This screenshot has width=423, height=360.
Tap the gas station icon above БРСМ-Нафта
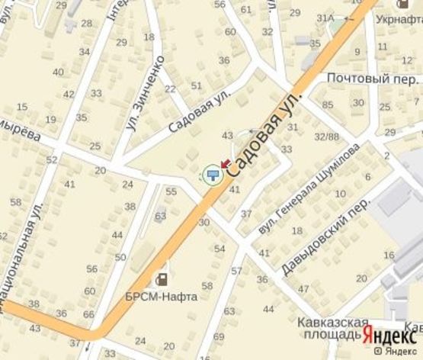[x=162, y=279]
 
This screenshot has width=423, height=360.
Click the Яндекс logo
[x=389, y=334]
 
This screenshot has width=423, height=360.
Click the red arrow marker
[x=226, y=162]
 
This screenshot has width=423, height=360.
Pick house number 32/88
[x=328, y=137]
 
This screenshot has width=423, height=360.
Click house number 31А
[x=326, y=17]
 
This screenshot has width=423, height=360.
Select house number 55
[x=171, y=191]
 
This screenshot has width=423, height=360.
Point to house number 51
[x=197, y=85]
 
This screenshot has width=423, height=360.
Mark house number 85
[x=328, y=104]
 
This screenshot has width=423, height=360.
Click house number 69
[x=220, y=336]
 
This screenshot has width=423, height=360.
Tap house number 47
[x=303, y=288]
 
